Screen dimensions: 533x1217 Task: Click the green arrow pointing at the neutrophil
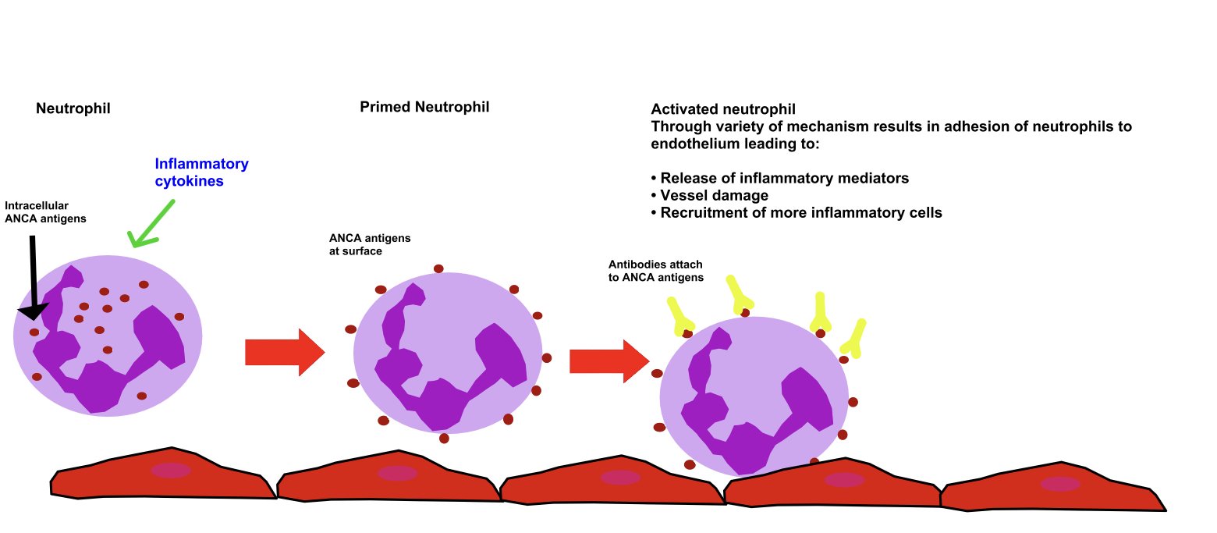click(153, 224)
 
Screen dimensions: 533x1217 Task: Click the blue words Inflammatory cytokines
click(201, 172)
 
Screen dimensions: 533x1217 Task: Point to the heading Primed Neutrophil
click(424, 107)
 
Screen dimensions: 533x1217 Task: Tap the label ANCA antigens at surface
click(370, 244)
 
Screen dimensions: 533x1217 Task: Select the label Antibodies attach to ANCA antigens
click(655, 271)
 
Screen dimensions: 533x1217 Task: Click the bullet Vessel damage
click(714, 195)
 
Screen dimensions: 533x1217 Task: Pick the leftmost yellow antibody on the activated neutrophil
click(679, 316)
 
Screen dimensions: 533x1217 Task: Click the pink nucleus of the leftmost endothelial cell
click(171, 471)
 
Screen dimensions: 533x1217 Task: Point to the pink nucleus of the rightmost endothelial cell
click(1060, 484)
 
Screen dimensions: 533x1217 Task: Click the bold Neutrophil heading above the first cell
click(73, 108)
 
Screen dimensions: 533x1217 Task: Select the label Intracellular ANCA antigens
click(45, 212)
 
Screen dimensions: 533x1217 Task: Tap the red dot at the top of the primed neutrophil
click(438, 268)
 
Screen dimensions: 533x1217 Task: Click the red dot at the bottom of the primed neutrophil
click(444, 438)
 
